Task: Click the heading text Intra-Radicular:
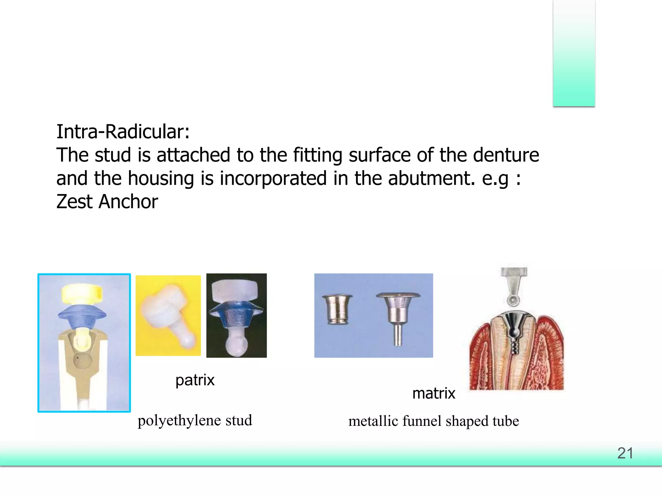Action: click(x=123, y=132)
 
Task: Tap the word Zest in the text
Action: click(x=74, y=202)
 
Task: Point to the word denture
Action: click(x=506, y=155)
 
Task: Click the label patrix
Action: click(x=195, y=380)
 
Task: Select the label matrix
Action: click(x=434, y=393)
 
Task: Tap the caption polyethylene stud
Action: click(x=195, y=420)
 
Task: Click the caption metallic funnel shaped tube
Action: click(x=433, y=421)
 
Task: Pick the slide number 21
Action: click(x=625, y=453)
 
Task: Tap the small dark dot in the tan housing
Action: click(x=78, y=358)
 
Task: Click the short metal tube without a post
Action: click(x=337, y=309)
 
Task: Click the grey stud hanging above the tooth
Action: click(x=514, y=285)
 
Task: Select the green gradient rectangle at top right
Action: click(x=574, y=53)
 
